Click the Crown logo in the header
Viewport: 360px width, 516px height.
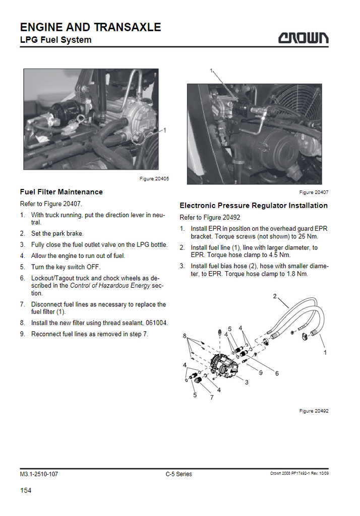tap(303, 38)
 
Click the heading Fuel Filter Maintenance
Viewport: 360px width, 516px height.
tap(62, 192)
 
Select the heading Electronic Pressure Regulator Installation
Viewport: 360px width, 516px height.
tap(254, 206)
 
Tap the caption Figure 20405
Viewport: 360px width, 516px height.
tap(154, 179)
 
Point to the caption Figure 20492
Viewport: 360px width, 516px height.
tap(314, 411)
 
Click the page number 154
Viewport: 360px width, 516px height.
tap(26, 490)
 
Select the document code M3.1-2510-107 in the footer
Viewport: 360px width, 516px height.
tap(39, 474)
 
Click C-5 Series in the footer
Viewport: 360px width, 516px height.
tap(179, 474)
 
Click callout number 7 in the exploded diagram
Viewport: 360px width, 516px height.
tap(212, 398)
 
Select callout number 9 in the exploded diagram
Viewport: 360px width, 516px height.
tap(261, 373)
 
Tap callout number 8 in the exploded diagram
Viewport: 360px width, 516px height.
tap(185, 336)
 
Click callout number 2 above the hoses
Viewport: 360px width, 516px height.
tap(275, 296)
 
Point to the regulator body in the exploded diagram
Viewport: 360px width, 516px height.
tap(224, 365)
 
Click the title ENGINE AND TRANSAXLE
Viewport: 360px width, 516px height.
tap(91, 27)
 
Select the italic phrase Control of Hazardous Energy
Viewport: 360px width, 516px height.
tap(110, 285)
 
